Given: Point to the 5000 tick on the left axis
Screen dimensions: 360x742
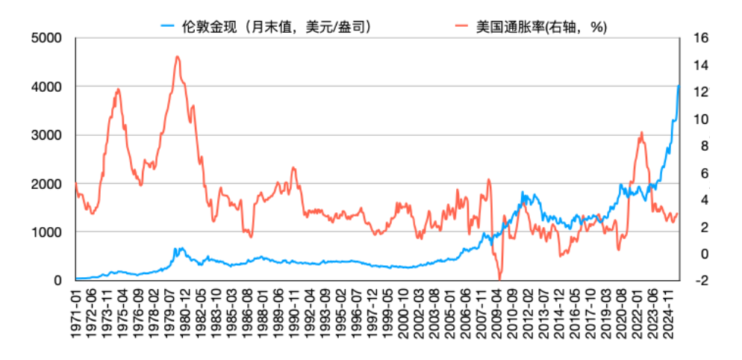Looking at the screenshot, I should click(47, 38).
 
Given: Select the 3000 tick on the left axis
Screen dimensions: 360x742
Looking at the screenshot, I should click(47, 135).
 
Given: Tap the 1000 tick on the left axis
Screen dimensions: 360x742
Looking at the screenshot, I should click(47, 232).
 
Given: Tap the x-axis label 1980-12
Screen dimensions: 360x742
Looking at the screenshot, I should click(185, 314).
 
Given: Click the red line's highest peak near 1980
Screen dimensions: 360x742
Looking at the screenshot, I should click(177, 56).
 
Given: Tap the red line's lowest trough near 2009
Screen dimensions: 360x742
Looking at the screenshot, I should click(499, 279).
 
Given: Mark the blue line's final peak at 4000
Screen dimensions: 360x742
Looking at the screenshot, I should click(678, 86).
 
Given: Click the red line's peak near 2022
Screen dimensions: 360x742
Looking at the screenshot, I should click(641, 133).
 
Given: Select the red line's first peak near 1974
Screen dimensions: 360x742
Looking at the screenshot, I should click(118, 89).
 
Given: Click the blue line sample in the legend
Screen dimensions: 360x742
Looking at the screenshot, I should click(168, 27).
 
